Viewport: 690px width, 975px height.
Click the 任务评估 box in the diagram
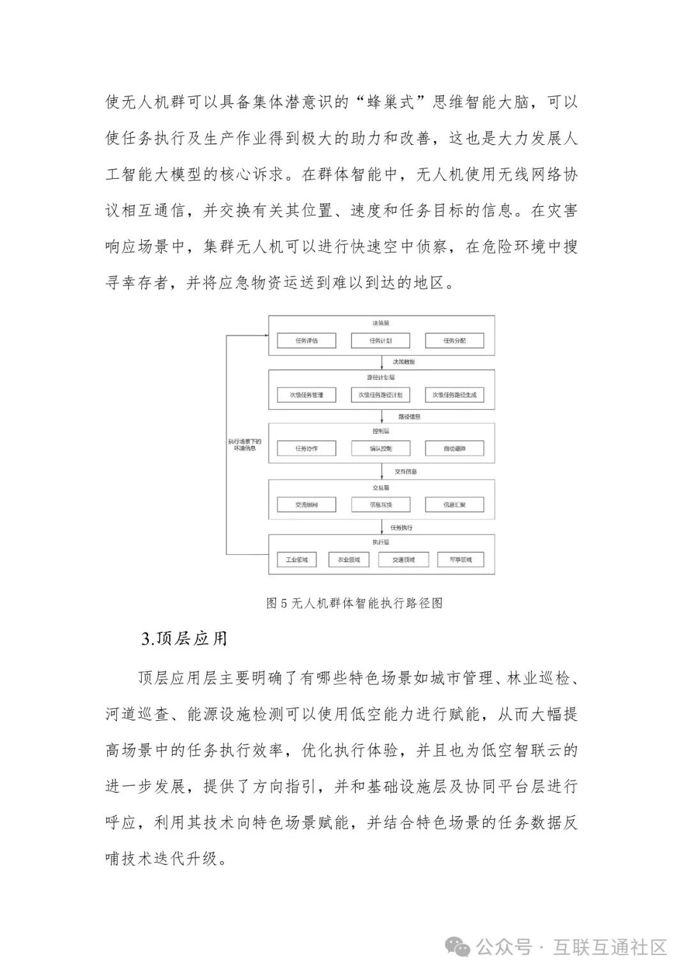tap(307, 341)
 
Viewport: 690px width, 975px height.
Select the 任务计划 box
tap(381, 341)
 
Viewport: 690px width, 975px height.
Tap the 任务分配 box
tap(455, 341)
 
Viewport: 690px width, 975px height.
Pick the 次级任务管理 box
tap(307, 395)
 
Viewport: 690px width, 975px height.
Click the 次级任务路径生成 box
tap(455, 395)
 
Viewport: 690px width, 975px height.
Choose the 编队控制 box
tap(381, 449)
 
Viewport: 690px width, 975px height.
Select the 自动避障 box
tap(455, 449)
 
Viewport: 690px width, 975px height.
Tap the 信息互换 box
tap(381, 505)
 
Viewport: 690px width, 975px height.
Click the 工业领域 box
tap(297, 560)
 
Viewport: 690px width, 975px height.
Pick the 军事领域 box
tap(461, 560)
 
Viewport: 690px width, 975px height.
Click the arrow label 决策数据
tap(404, 362)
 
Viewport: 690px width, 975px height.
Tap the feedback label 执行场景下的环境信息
tap(245, 444)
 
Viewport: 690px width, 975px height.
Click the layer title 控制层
tap(381, 432)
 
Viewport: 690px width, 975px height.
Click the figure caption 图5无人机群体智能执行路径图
tap(354, 603)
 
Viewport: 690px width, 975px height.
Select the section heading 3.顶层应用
tap(184, 639)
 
